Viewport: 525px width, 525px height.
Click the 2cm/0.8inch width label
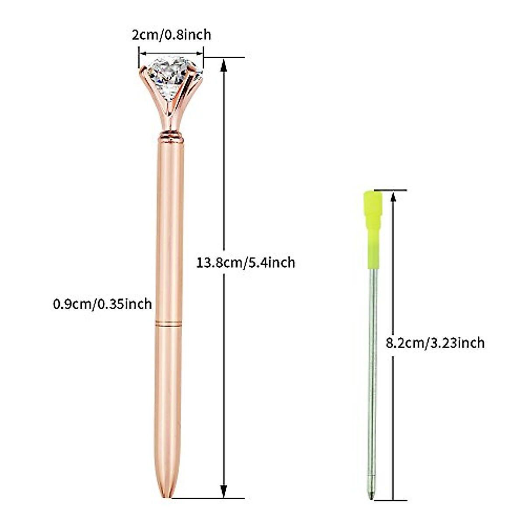[x=171, y=35]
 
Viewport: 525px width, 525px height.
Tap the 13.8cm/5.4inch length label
[x=246, y=262]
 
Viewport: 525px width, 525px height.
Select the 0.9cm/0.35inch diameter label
[x=102, y=303]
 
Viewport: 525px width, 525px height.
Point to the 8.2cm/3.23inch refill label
[x=435, y=343]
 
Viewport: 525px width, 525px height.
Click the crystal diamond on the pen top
[x=171, y=72]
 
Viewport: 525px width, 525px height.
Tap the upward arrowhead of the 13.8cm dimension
[x=224, y=65]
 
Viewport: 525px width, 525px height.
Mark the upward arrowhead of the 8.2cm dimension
[x=393, y=196]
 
